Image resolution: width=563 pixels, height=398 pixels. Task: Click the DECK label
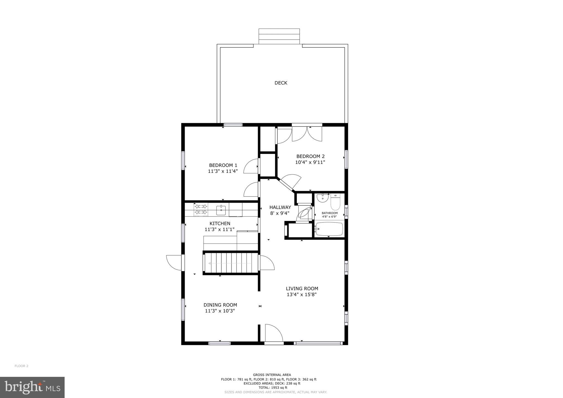[281, 83]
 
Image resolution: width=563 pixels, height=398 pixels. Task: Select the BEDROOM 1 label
[223, 165]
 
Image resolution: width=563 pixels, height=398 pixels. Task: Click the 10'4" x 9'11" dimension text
[310, 162]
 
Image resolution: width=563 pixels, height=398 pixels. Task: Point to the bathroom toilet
[335, 203]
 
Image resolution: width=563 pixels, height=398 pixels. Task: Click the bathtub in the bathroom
[329, 229]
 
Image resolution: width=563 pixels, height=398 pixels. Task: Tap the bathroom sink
[322, 198]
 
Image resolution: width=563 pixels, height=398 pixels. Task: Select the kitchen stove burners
[201, 209]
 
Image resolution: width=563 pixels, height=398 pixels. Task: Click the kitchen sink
[221, 210]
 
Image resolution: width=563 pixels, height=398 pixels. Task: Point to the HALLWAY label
[280, 207]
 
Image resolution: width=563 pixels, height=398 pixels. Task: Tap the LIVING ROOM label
[302, 288]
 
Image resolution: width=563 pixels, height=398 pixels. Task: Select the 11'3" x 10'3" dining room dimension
[220, 311]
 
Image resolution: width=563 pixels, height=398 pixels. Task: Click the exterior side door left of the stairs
[174, 262]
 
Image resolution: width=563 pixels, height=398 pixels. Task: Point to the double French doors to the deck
[307, 134]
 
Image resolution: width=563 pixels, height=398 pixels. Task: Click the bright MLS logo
[32, 387]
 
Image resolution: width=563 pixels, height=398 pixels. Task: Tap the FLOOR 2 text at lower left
[21, 366]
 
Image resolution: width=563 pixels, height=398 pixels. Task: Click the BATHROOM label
[330, 213]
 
